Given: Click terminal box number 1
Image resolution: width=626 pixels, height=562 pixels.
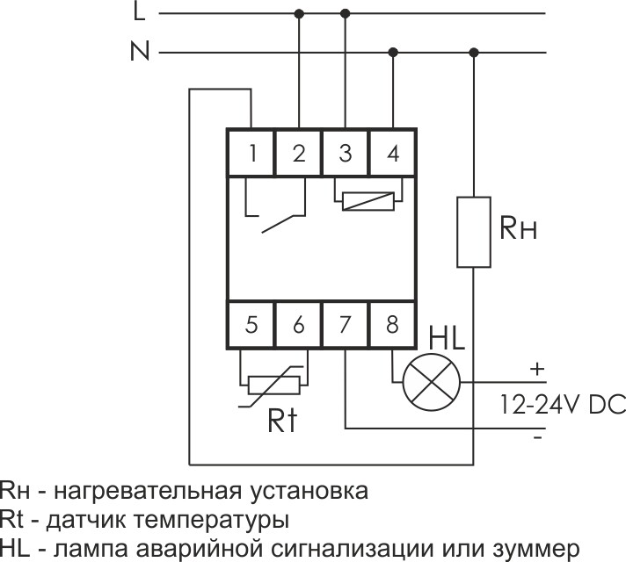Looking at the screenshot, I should [x=252, y=153].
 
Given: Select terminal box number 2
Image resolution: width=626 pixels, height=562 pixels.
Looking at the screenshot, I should [x=299, y=153].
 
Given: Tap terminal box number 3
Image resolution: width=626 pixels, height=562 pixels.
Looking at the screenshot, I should [x=346, y=153].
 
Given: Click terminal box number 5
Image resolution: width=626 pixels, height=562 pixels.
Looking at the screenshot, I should [x=252, y=324].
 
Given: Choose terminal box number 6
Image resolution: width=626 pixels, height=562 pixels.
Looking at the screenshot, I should [x=299, y=324].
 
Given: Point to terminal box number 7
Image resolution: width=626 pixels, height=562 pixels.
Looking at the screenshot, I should [x=346, y=324].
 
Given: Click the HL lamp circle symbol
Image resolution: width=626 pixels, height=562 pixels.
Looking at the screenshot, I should [x=432, y=383].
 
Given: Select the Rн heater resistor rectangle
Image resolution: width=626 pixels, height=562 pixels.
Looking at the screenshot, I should [x=474, y=231].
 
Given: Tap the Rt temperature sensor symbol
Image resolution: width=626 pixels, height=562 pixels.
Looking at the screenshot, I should [x=276, y=383].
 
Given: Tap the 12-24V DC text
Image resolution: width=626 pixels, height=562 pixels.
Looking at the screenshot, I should [x=550, y=405].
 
